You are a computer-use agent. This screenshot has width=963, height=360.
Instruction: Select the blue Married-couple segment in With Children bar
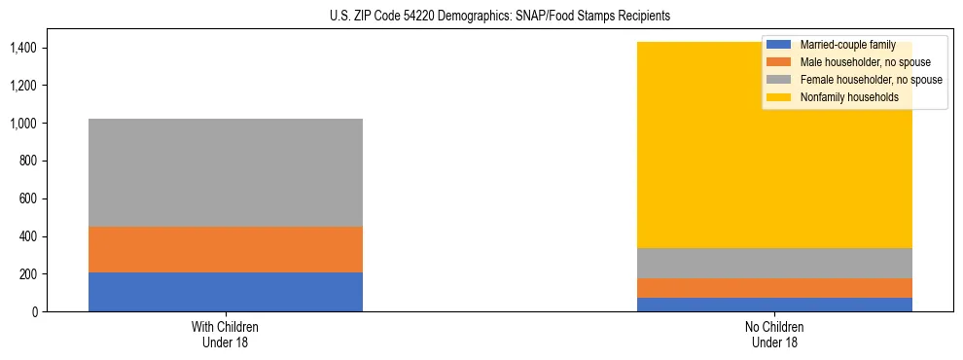pos(226,292)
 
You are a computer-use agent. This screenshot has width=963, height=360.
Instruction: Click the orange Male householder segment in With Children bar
pos(226,249)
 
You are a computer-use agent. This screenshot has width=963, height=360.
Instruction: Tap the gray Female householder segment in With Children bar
pos(226,172)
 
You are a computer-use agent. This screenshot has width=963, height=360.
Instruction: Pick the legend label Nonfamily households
pos(848,97)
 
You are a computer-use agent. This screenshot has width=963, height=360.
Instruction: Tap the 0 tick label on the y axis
pos(34,312)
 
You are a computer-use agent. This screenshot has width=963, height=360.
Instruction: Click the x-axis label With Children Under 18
pos(226,335)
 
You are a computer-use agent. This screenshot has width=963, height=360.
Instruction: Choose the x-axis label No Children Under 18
pos(774,335)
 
